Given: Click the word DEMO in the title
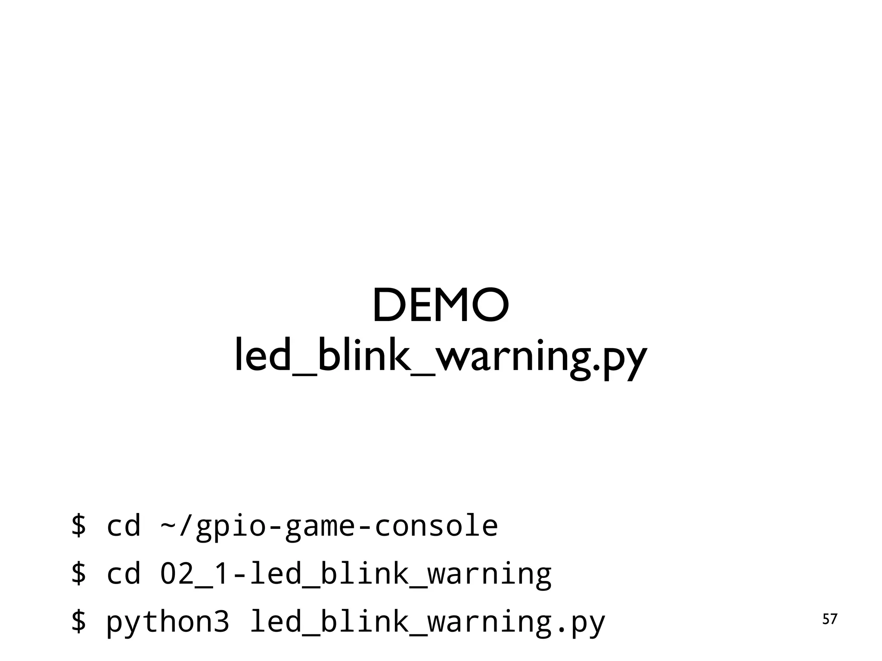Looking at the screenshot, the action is coord(441,305).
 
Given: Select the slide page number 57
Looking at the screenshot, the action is coord(830,620).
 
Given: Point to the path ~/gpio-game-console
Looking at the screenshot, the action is coord(329,526).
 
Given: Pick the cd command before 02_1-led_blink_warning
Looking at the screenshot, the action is coord(124,573).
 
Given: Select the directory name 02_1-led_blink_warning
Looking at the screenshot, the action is coord(356,574).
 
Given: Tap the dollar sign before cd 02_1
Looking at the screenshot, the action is coord(79,573).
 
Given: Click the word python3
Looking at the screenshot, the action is coord(168,622).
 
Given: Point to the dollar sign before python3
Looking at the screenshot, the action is coord(79,621).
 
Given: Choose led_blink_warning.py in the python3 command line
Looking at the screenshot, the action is coord(428,622).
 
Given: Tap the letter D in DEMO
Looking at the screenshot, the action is coord(389,305).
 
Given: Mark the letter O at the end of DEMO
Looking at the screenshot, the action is coord(491,305).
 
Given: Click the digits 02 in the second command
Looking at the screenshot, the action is coord(177,573).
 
